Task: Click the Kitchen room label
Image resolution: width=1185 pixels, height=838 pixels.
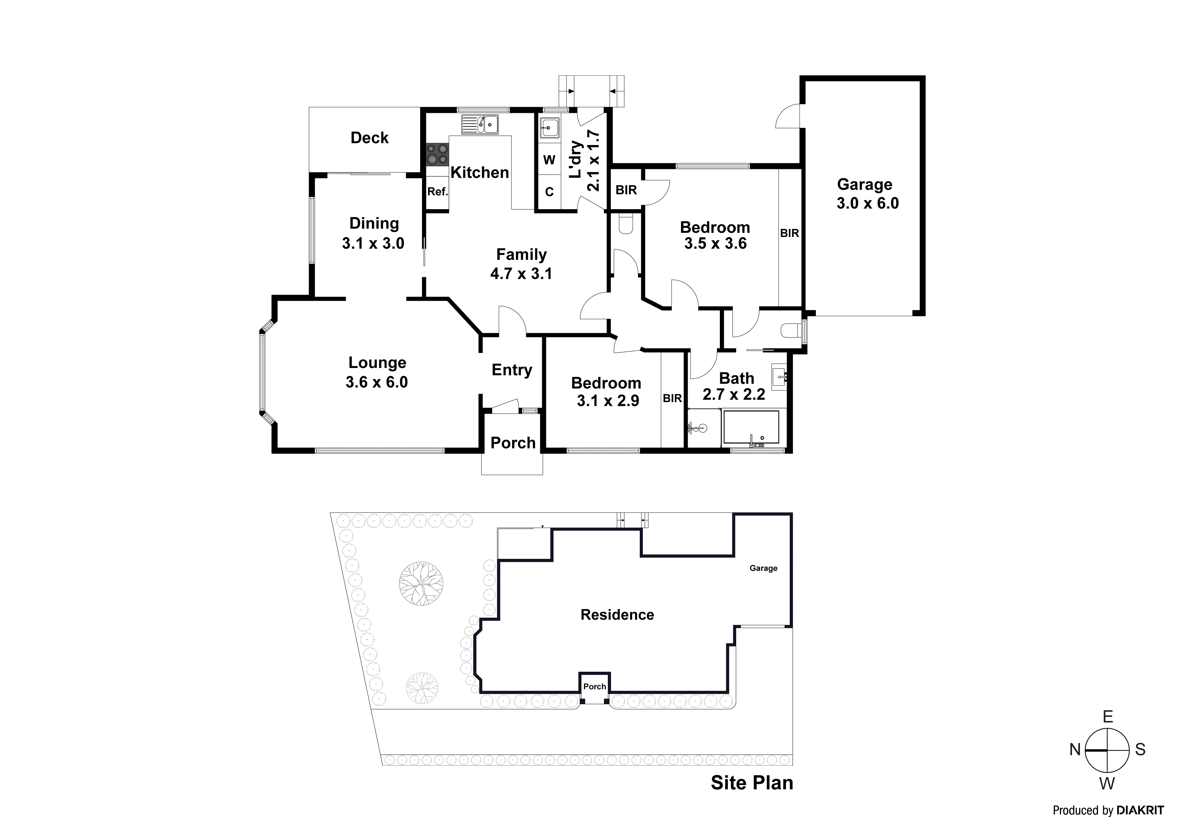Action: point(479,172)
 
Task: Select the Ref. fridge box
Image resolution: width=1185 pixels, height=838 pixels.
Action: point(437,192)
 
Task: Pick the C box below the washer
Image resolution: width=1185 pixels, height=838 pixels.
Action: point(549,192)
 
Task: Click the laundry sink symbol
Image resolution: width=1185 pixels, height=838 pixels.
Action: point(550,127)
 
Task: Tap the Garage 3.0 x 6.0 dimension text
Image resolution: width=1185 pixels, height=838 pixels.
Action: point(867,203)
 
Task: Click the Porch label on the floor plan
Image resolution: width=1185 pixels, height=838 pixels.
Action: point(512,443)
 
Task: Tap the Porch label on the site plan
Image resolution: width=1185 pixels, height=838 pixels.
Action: point(595,687)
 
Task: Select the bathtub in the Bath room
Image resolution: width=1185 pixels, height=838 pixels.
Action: point(751,427)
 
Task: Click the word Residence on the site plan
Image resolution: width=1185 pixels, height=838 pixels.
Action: point(617,614)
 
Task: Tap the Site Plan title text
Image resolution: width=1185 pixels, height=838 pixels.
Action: point(752,783)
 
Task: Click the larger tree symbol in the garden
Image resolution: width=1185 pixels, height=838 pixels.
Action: point(421,584)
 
